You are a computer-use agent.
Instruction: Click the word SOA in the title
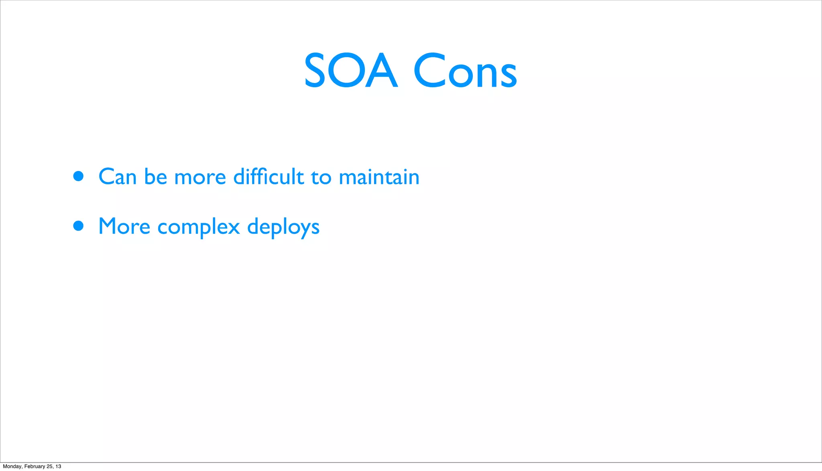(x=351, y=71)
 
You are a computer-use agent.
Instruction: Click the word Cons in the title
(x=465, y=71)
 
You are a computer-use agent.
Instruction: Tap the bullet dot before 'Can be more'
(x=78, y=176)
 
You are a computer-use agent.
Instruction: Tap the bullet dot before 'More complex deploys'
(x=78, y=226)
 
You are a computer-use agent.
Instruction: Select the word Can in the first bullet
(x=117, y=177)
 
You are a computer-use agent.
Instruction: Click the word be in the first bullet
(x=155, y=177)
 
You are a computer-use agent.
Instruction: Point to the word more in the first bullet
(x=200, y=177)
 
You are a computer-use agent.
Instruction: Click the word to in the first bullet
(x=321, y=177)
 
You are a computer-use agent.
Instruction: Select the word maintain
(x=379, y=177)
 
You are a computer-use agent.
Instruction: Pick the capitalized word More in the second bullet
(x=124, y=226)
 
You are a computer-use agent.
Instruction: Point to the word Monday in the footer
(x=12, y=466)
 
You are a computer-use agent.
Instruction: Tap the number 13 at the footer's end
(x=59, y=466)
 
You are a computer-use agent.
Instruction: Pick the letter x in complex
(x=232, y=228)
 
